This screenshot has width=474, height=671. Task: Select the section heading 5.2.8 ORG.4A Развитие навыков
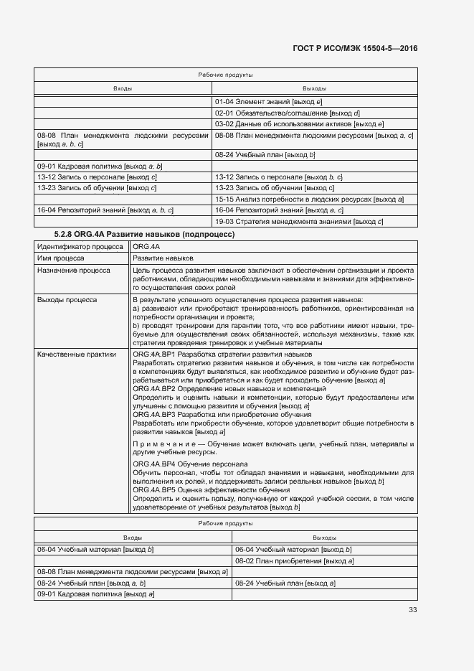pos(145,235)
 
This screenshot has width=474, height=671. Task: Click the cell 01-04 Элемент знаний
pos(269,102)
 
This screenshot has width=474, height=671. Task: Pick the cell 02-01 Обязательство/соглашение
pos(287,113)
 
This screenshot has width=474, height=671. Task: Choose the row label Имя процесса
pos(60,258)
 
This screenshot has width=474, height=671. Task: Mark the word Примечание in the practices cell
pos(160,445)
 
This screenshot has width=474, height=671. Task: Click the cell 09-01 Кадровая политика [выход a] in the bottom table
pos(97,594)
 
